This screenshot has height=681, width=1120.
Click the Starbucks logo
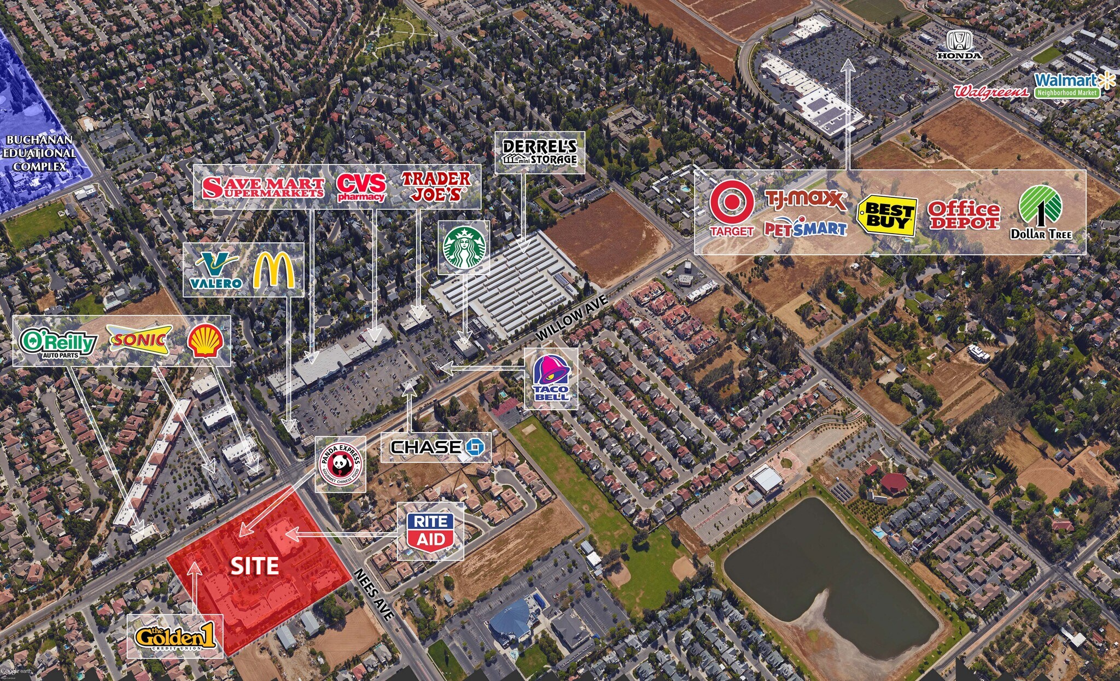coord(464,247)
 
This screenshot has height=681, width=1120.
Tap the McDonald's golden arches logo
coord(273,270)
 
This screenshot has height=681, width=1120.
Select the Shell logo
coord(205,341)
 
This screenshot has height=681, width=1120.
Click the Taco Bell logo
coord(551,378)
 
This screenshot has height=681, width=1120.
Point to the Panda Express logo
coord(340,464)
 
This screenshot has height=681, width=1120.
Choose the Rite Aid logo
coord(430,531)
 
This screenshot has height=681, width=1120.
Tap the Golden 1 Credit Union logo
coord(175,636)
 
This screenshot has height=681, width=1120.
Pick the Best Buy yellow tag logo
coord(886,216)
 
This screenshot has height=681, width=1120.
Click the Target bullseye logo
coord(732,208)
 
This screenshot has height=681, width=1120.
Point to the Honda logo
coord(959,45)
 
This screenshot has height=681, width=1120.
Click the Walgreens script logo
coord(990,91)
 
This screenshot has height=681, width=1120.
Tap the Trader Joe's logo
coord(435,187)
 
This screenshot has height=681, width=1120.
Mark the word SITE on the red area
coord(255,566)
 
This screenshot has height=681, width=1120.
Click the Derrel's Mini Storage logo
coord(540,153)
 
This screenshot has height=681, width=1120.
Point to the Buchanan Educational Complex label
coord(39,153)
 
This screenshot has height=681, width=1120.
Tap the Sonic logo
coord(139,340)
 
